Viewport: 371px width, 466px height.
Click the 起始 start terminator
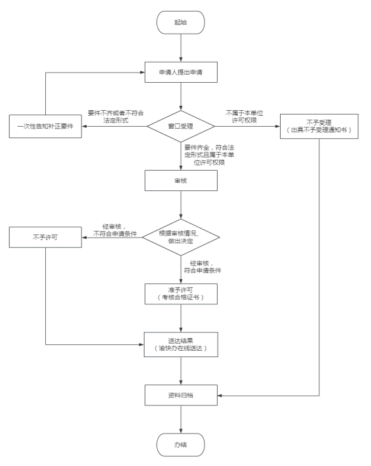point(181,22)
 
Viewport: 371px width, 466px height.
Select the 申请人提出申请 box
point(181,72)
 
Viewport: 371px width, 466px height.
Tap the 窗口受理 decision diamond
point(181,126)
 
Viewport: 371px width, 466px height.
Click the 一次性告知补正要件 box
point(45,126)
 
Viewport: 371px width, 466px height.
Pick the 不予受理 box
point(319,126)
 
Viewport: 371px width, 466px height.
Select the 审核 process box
point(181,181)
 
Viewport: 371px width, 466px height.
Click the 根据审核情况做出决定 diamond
point(181,237)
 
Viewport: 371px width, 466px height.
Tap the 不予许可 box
point(45,237)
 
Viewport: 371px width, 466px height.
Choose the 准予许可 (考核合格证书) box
point(181,294)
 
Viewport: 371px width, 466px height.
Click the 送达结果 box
point(181,344)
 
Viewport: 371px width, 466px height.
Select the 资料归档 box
point(181,395)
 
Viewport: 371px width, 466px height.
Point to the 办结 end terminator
point(181,444)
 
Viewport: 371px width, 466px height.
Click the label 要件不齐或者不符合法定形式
point(116,117)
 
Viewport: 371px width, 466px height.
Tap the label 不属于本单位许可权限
point(244,117)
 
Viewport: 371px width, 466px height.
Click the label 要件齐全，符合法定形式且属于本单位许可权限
point(209,155)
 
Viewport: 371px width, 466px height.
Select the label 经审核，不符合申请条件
point(115,230)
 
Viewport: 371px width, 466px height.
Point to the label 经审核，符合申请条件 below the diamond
point(202,267)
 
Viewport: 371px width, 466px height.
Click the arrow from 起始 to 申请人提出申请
point(181,48)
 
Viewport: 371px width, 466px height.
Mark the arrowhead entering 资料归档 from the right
point(220,395)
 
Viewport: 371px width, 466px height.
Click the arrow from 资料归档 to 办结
point(181,420)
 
